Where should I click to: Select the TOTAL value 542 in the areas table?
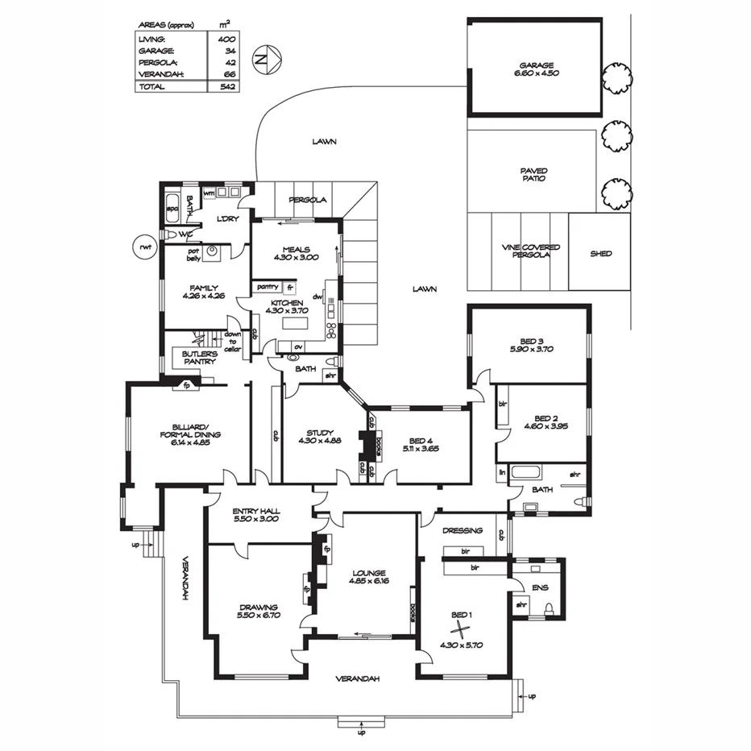point(226,86)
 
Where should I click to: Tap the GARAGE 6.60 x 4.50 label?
point(535,68)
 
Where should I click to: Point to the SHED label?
point(600,253)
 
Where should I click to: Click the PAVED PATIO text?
point(533,174)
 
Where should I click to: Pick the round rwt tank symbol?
point(145,247)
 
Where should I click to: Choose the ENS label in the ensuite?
point(540,587)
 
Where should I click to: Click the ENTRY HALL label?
point(255,515)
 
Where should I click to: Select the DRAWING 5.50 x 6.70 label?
point(259,611)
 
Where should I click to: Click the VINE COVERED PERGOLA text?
point(530,251)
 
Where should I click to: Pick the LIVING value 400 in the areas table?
point(226,38)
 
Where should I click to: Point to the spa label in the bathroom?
point(172,209)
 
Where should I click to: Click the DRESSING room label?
point(463,530)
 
